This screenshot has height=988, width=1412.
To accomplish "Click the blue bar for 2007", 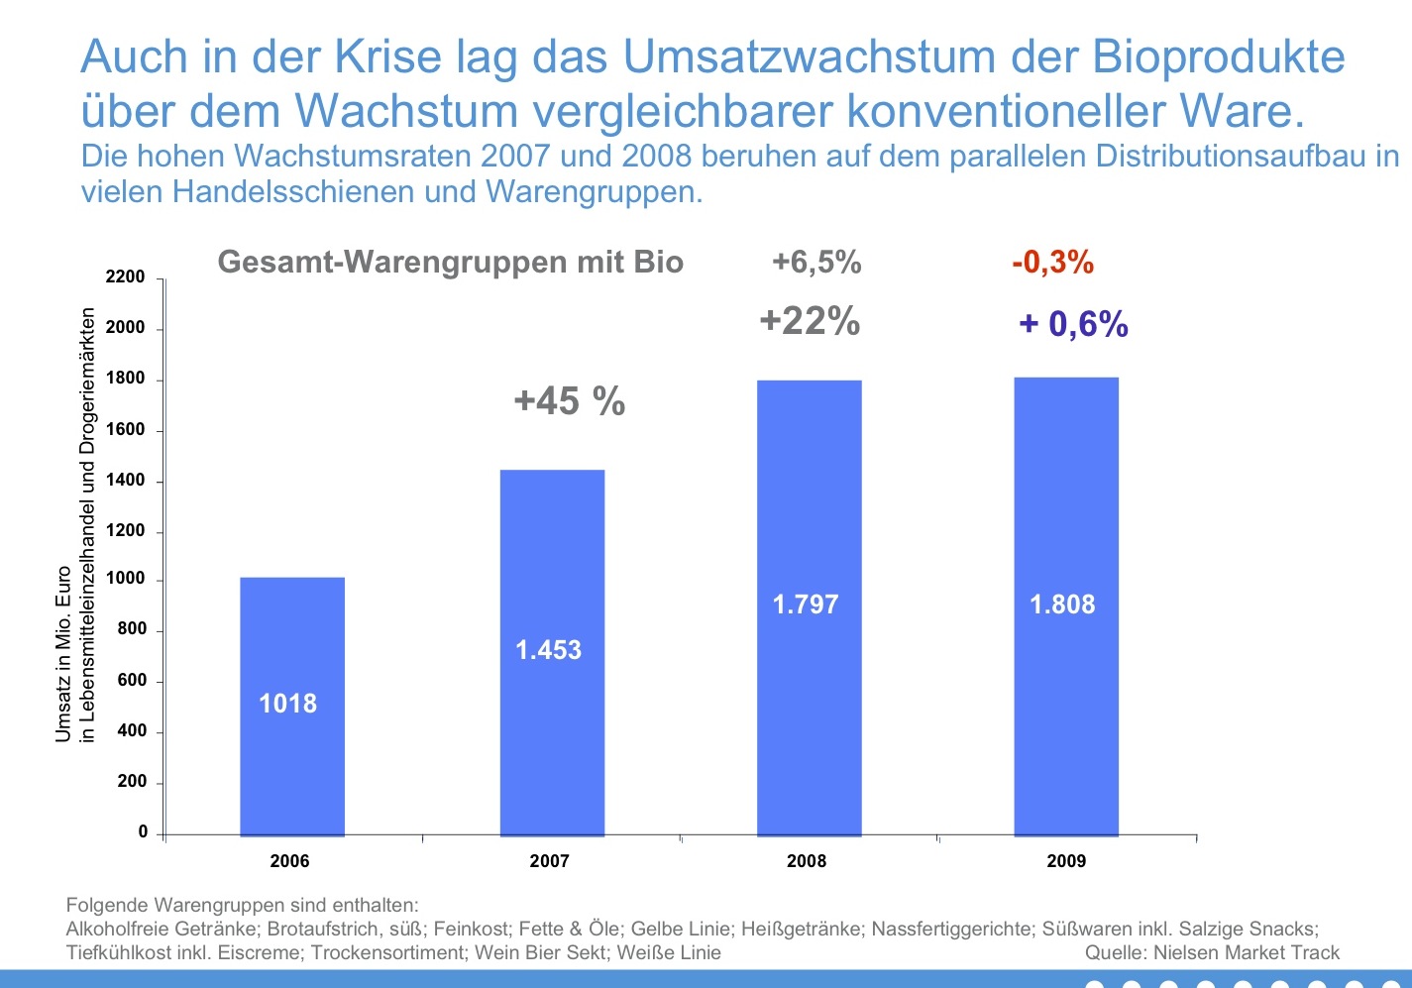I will point(552,555).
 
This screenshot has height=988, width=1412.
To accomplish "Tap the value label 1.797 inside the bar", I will point(806,604).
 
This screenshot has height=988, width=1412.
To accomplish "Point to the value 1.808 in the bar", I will point(1062,604).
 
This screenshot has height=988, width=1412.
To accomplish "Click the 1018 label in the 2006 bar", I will point(287,704).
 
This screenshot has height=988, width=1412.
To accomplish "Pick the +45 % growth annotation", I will point(570,401).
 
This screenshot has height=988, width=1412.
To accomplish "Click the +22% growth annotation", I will point(810,321).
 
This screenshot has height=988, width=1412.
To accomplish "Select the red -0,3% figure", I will point(1052,263).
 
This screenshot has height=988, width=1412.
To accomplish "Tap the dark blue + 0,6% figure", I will point(1074,324).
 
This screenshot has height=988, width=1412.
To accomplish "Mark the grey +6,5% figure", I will point(816,263).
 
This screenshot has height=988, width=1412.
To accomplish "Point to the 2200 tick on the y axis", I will point(126,277).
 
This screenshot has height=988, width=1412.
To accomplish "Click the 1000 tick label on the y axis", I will point(126,579).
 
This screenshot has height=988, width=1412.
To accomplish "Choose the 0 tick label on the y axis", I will point(143,832).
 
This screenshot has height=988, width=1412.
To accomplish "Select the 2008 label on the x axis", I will point(807,861).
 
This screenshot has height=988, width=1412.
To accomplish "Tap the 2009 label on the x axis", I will point(1066,861).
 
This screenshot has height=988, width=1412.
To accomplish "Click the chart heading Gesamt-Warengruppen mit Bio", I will point(451,263).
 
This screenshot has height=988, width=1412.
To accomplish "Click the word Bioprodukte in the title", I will point(1219,57).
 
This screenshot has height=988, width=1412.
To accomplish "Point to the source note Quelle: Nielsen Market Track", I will point(1212,953).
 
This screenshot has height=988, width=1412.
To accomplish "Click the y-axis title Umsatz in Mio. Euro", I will point(63,654).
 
